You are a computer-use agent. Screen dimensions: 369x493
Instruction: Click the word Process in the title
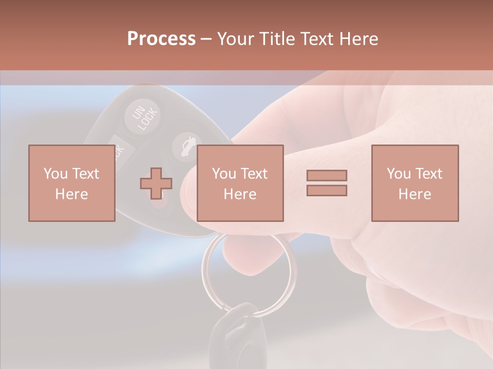tap(161, 39)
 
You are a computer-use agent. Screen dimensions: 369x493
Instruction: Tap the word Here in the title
tap(358, 39)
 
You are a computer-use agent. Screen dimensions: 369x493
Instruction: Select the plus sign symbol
tap(156, 183)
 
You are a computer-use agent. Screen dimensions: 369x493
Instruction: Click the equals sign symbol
tap(327, 183)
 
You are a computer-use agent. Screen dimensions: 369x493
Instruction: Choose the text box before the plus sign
tap(71, 183)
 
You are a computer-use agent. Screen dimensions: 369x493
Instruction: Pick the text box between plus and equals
tap(240, 183)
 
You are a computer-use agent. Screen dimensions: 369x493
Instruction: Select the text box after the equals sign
tap(414, 183)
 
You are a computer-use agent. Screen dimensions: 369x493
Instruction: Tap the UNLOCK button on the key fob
tap(142, 118)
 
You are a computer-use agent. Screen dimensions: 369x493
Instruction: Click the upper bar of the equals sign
tap(327, 175)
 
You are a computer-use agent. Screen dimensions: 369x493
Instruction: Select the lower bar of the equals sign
tap(327, 191)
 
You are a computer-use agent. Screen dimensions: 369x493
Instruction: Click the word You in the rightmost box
tap(398, 174)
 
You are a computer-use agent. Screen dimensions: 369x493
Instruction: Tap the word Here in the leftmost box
tap(71, 194)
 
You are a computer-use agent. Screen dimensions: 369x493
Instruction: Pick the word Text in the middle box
tap(254, 174)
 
